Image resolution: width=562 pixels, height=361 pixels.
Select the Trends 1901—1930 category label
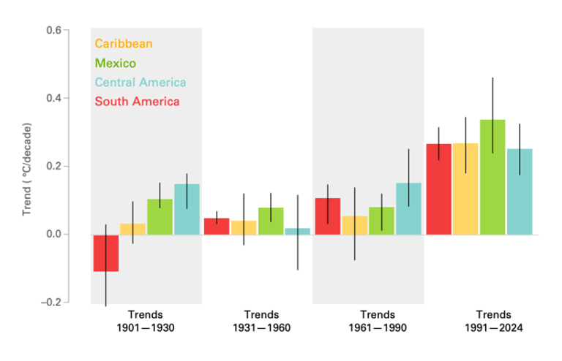(145, 321)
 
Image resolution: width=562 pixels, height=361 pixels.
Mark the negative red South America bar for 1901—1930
(106, 253)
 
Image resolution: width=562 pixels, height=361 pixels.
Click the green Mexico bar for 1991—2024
(492, 177)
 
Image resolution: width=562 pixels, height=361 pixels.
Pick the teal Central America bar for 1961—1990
(408, 208)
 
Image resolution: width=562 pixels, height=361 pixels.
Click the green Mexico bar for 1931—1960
(271, 221)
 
